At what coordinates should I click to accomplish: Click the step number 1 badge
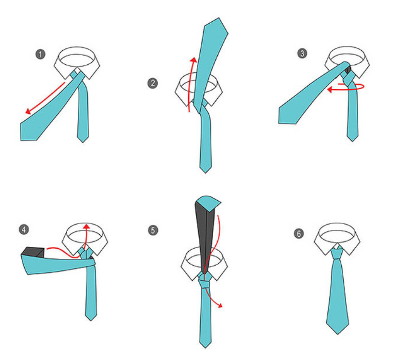pos(40,54)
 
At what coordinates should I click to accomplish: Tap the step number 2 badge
pos(152,83)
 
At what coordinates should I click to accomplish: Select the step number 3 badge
pos(302,53)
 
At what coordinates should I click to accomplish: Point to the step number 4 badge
pos(24,229)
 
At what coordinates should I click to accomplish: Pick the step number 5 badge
pos(153,230)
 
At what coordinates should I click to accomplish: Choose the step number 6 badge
pos(299,234)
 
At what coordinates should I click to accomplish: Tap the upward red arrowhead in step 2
pos(193,60)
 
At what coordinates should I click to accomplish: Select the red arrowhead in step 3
pos(331,89)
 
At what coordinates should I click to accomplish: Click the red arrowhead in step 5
pos(220,305)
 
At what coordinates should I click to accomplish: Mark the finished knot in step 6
pos(337,253)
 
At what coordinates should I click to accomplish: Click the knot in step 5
pos(205,284)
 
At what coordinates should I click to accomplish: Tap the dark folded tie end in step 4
pos(33,252)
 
